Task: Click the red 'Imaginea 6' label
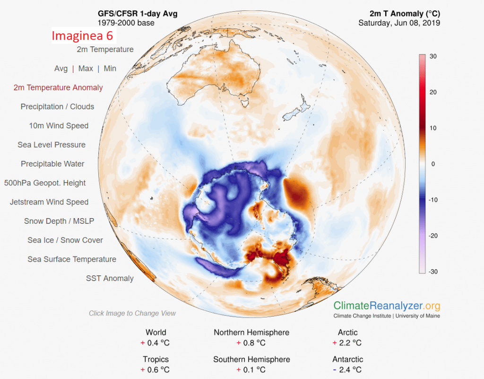(x=83, y=36)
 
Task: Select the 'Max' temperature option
(x=86, y=69)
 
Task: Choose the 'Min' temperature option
(x=110, y=69)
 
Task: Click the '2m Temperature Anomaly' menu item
(x=58, y=88)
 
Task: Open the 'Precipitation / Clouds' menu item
(x=57, y=107)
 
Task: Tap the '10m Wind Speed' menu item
(x=59, y=126)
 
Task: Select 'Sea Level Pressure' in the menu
(x=52, y=145)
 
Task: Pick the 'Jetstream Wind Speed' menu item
(x=49, y=202)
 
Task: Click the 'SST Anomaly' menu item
(x=110, y=278)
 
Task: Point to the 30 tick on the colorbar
(x=432, y=56)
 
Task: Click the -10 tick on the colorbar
(x=432, y=200)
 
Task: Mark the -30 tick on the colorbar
(x=432, y=272)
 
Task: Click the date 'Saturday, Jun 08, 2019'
(x=399, y=23)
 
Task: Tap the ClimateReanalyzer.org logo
(x=387, y=306)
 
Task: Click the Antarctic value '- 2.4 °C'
(x=347, y=370)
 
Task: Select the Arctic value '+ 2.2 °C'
(x=347, y=343)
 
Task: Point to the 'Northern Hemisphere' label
(x=251, y=333)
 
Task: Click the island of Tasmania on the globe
(x=245, y=100)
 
